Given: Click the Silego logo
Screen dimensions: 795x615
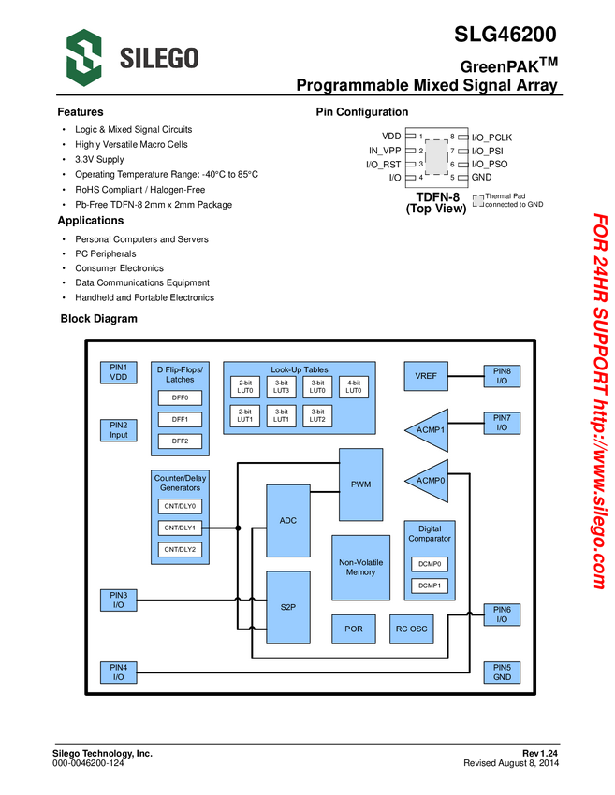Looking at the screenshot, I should (132, 58).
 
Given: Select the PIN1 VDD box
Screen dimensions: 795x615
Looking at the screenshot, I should (118, 372).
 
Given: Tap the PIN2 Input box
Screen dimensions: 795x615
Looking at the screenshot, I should (118, 429).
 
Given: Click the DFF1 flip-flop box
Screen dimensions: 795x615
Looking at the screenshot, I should (180, 419).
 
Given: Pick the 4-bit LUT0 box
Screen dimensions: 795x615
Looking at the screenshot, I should (354, 387).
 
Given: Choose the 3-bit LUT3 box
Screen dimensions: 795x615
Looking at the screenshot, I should (281, 387).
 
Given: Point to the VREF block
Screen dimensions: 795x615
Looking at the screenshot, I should (426, 376).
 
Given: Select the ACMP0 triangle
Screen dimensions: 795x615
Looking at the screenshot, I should (429, 481).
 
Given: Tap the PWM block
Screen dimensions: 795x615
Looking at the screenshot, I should (360, 484).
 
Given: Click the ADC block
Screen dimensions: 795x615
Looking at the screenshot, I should (288, 520).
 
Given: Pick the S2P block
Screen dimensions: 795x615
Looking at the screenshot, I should (288, 607).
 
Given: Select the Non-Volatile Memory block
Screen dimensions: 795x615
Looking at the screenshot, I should (360, 567).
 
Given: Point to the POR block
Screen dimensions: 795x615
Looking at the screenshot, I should (354, 629).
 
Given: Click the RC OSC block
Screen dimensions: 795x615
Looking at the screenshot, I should (411, 629).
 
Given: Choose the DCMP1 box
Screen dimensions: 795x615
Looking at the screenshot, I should (429, 586).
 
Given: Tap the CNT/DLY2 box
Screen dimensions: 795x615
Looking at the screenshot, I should (180, 549).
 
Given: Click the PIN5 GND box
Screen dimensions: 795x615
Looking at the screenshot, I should (502, 672).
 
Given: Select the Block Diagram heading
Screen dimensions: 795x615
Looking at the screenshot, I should (98, 319).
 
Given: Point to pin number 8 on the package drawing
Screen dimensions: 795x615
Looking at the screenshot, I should (451, 137).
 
